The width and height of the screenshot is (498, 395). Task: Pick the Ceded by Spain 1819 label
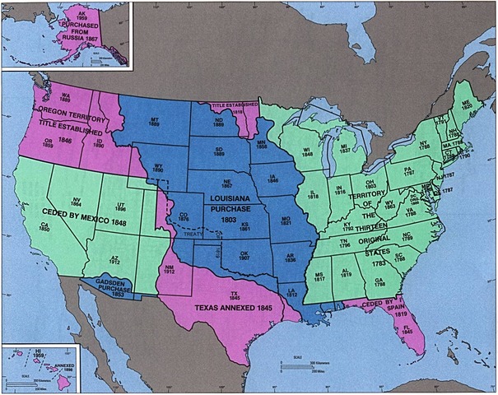(378, 311)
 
